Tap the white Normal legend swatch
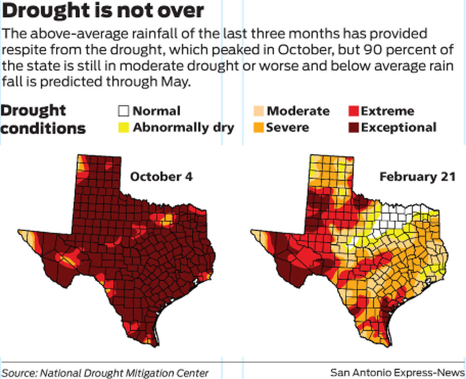(123, 111)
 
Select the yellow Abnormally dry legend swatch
(123, 127)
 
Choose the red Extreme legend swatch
(354, 111)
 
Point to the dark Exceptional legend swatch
(354, 127)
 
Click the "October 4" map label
(161, 177)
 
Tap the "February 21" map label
(417, 177)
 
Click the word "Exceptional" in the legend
(398, 127)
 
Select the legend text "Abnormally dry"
(183, 127)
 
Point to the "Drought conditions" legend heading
(43, 119)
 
